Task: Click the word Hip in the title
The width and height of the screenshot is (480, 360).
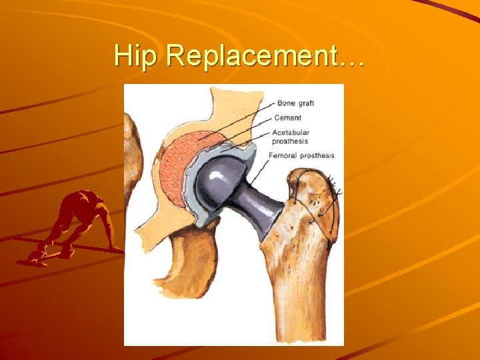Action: (x=137, y=56)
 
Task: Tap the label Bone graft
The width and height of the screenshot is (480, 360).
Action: (x=295, y=103)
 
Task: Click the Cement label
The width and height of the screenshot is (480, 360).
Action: (x=287, y=118)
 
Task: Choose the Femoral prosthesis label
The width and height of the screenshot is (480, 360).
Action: (x=301, y=155)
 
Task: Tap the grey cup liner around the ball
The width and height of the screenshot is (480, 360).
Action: (x=193, y=200)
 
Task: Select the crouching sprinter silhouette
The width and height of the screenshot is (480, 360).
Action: (x=77, y=223)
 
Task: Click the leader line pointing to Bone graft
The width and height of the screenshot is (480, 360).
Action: (x=240, y=120)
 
